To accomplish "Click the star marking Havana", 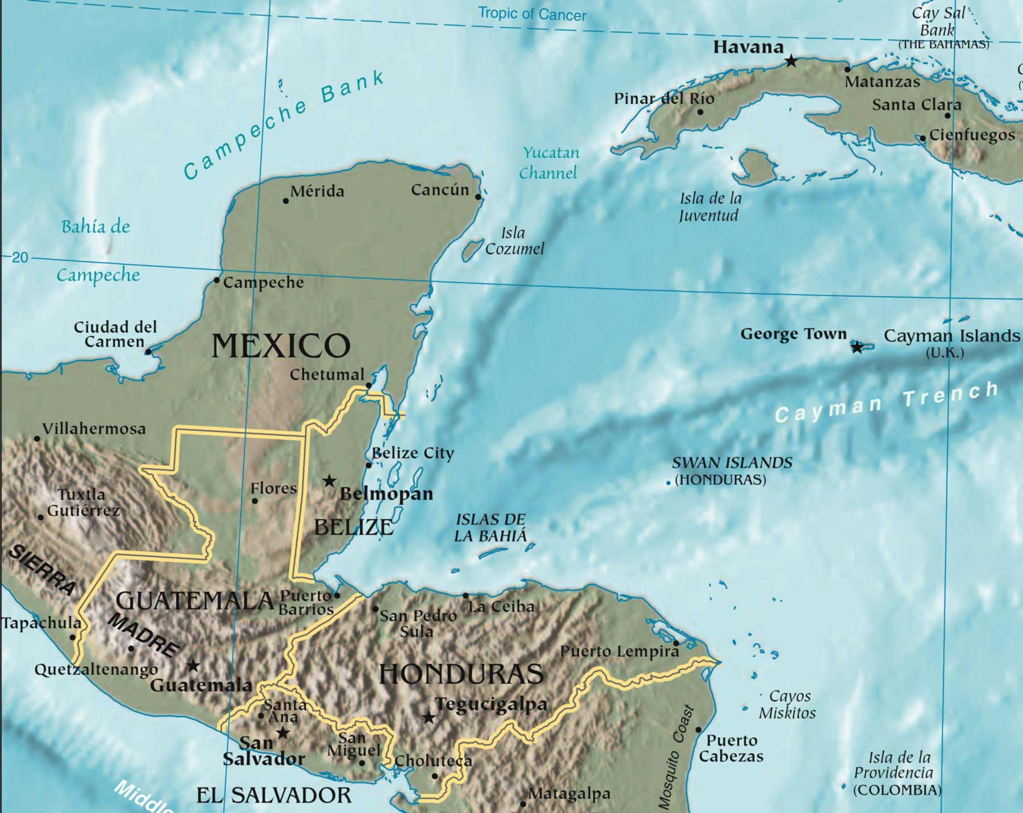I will [791, 60].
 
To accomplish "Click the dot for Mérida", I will [286, 201].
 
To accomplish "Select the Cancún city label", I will [440, 190].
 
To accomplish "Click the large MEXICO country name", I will [281, 346].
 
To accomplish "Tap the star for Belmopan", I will [329, 481].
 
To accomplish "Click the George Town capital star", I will [856, 347].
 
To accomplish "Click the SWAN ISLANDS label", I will [732, 463].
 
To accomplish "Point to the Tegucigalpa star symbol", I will [429, 717].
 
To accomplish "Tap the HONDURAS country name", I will [461, 674].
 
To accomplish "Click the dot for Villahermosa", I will [37, 438].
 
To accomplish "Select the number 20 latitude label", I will [20, 258].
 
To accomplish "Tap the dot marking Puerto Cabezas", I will [698, 730].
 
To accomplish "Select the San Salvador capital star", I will [282, 733].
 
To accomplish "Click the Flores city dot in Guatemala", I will [255, 501].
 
